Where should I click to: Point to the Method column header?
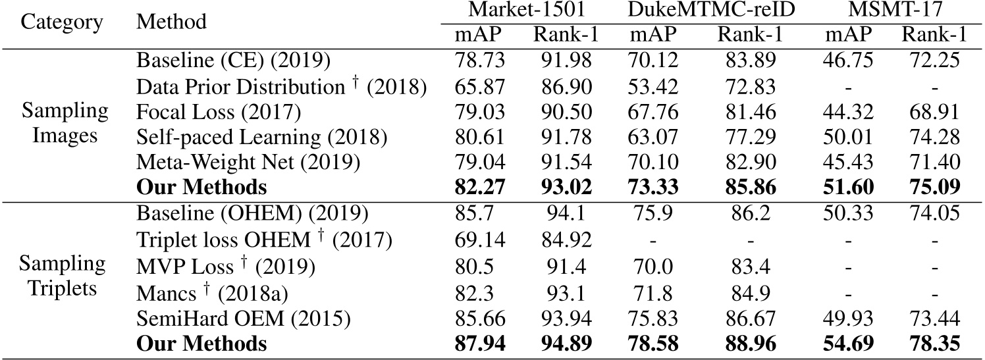click(x=171, y=22)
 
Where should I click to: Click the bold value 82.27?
click(x=479, y=188)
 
